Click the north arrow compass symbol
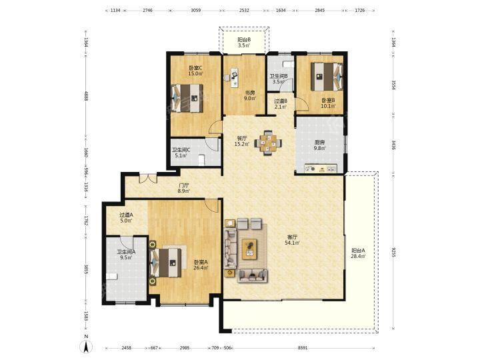click(86, 346)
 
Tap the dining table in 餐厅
click(268, 143)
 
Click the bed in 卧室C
click(187, 98)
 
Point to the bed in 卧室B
click(327, 77)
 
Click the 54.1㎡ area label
click(293, 243)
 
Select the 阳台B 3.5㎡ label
click(244, 43)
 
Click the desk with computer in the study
click(235, 78)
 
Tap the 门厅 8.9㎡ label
click(184, 188)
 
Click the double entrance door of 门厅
click(148, 177)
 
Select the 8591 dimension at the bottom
click(303, 348)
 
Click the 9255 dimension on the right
click(394, 252)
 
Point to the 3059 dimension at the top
click(195, 10)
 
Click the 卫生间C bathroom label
click(181, 150)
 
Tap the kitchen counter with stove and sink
click(321, 169)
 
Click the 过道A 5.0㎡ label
click(126, 217)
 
